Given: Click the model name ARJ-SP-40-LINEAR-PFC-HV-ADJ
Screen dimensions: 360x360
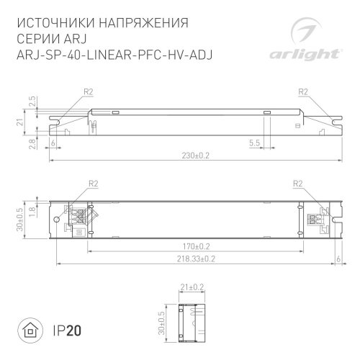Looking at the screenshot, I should coord(115,55).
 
